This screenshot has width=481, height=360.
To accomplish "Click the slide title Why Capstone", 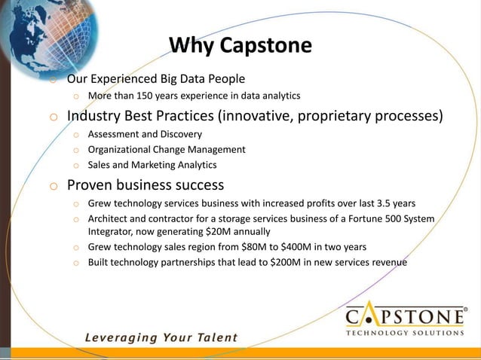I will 240,46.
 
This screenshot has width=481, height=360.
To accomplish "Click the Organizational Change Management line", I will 167,149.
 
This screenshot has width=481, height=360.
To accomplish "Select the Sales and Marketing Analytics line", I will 152,164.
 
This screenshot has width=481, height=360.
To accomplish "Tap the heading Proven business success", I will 146,185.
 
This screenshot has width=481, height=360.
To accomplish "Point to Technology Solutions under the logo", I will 405,332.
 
